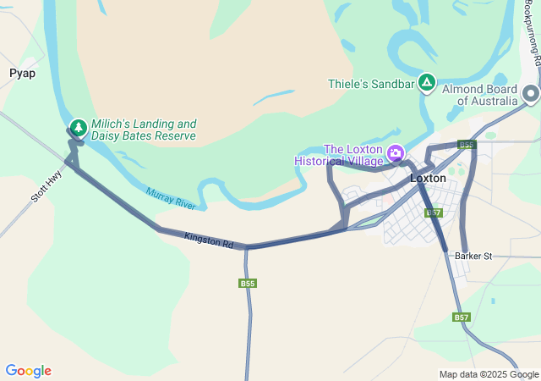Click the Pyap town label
point(22,73)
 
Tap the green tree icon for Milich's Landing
point(79,128)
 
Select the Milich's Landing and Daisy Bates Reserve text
point(143,130)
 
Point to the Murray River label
point(170,199)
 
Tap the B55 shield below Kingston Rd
point(247,284)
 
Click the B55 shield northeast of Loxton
point(467,145)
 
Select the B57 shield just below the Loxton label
point(434,213)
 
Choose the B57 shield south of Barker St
point(461,317)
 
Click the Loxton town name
point(428,179)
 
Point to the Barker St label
point(473,256)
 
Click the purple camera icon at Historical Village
point(395,153)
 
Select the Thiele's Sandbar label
point(371,84)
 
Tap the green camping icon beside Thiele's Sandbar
point(427,83)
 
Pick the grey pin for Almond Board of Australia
point(531,93)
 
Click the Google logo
point(28,371)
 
